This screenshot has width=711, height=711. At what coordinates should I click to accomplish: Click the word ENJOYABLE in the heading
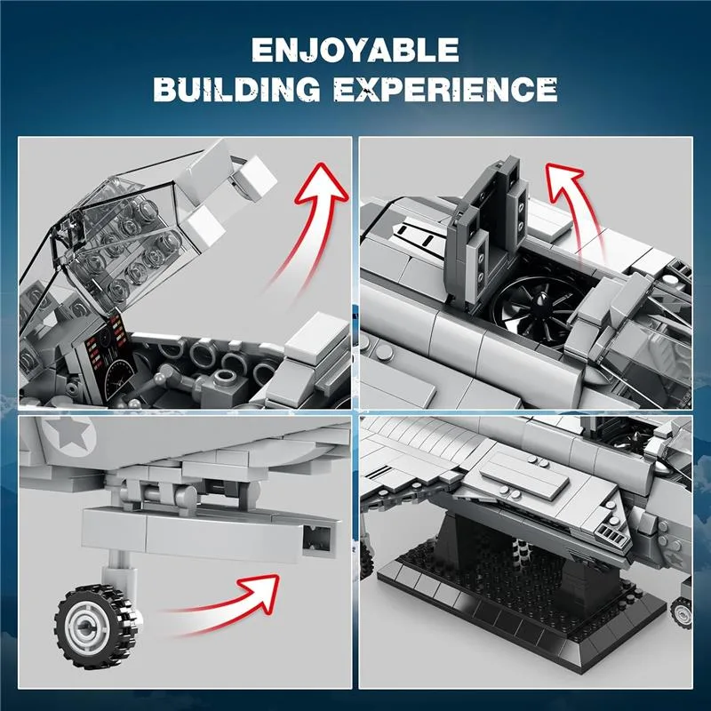point(355,50)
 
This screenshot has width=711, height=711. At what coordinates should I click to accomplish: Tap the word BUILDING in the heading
point(236,89)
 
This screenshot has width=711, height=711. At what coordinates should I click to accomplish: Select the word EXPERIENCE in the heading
point(446,89)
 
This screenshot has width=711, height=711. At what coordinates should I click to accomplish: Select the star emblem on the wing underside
point(69,435)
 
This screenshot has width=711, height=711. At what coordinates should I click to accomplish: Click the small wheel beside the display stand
point(682,612)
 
